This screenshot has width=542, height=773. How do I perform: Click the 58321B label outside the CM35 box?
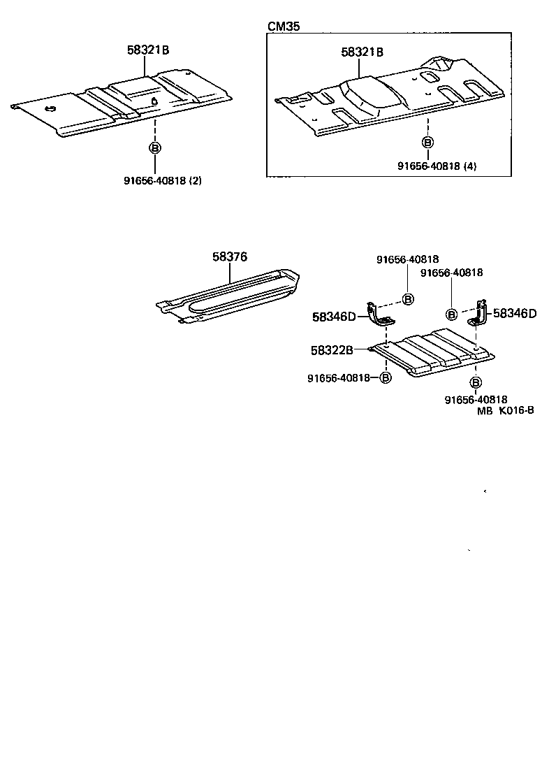[x=149, y=50]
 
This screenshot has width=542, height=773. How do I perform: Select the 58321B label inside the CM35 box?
[x=362, y=52]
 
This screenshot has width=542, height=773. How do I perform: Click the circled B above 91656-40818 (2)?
[x=154, y=147]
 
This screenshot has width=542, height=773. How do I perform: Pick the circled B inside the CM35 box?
[x=427, y=142]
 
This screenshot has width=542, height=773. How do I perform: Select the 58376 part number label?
[x=230, y=257]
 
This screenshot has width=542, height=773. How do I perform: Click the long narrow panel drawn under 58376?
[x=230, y=297]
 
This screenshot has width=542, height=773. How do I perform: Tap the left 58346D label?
[x=334, y=317]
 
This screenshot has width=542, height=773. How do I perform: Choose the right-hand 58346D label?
[x=515, y=313]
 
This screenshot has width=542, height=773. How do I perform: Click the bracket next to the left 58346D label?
[x=380, y=316]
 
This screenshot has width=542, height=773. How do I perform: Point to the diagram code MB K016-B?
[x=506, y=411]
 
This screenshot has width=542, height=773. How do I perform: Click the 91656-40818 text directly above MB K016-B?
[x=475, y=399]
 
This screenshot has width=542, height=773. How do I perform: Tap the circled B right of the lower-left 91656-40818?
[x=386, y=377]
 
